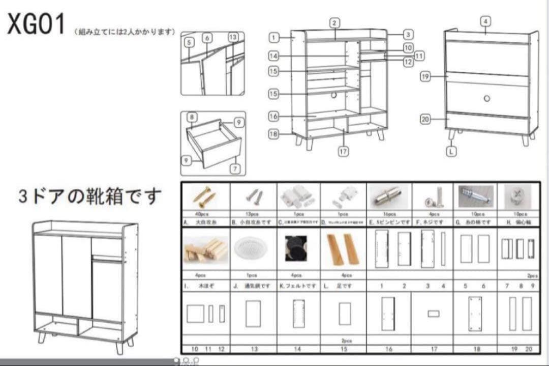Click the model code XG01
pos(36,24)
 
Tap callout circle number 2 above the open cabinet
pos(334,23)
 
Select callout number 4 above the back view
pos(485,21)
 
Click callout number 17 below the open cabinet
pos(344,152)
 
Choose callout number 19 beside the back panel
pos(426,77)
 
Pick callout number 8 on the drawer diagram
pos(192,118)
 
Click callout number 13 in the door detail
pos(233,37)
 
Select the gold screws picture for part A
pos(205,197)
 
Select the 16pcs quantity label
pos(389,214)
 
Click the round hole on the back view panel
pos(486,98)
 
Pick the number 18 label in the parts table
pos(476,349)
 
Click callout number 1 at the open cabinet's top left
pos(273,37)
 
